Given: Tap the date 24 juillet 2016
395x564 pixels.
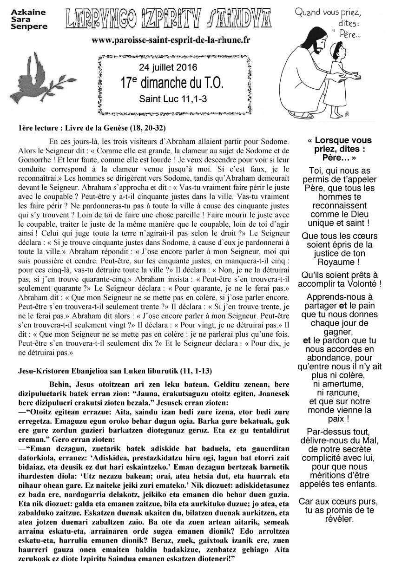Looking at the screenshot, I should (171, 66).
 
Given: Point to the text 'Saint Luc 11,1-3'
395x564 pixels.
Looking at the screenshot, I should (171, 99).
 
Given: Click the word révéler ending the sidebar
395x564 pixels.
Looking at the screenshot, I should (339, 519).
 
